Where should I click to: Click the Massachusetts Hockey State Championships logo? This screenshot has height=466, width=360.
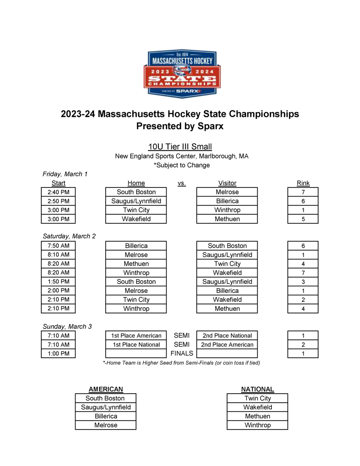tap(180, 74)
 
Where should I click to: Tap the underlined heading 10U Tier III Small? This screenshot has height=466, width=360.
tap(180, 147)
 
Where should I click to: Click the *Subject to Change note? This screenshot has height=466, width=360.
tap(182, 165)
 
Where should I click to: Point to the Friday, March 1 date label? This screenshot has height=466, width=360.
tap(65, 174)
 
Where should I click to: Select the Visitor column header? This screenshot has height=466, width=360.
tap(227, 183)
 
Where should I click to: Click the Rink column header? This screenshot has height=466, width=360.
tap(303, 183)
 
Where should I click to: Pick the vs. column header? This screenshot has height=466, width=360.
tap(182, 183)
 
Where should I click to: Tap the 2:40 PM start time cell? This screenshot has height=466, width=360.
tap(58, 192)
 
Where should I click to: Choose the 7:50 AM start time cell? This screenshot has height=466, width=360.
tap(58, 246)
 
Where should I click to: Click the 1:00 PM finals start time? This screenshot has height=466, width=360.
tap(58, 354)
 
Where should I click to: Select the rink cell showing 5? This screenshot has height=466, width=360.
tap(303, 219)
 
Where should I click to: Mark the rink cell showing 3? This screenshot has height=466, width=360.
tap(303, 282)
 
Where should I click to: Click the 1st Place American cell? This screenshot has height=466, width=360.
tap(136, 336)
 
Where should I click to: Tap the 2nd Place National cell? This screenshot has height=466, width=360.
tap(227, 336)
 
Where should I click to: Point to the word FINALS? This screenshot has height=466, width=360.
tap(182, 354)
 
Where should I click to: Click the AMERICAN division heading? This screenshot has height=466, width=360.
tap(106, 389)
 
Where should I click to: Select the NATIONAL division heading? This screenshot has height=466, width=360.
tap(257, 389)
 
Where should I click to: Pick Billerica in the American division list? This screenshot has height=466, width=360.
tap(106, 416)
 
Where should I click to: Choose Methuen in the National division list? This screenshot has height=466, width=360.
tap(257, 416)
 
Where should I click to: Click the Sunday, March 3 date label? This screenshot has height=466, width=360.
tap(67, 326)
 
